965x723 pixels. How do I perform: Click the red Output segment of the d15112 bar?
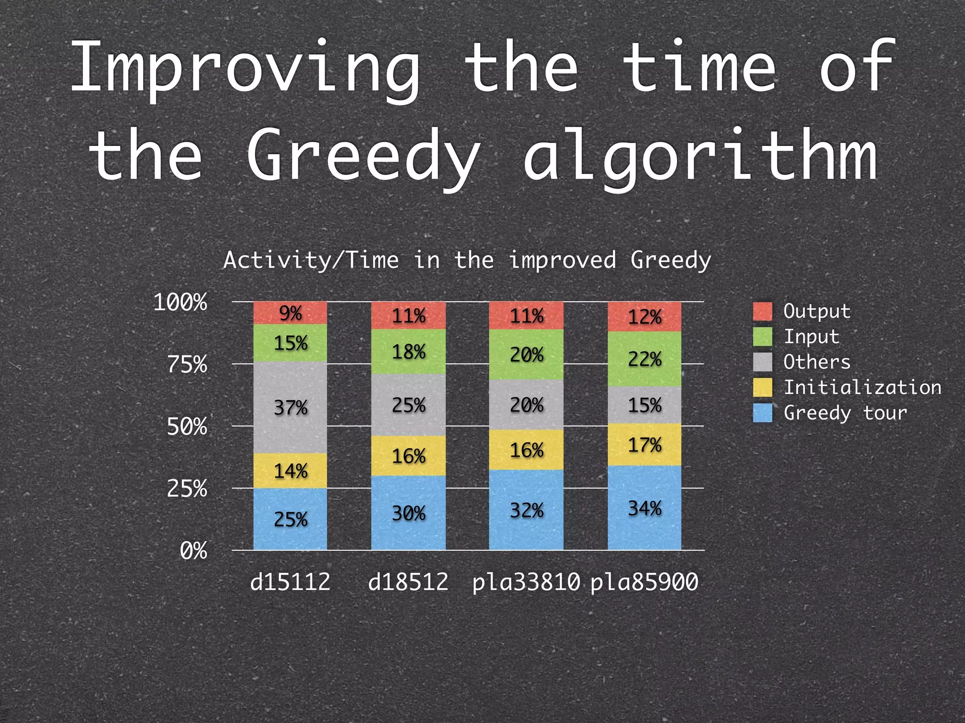(x=290, y=313)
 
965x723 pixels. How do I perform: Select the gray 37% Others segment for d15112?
(x=290, y=407)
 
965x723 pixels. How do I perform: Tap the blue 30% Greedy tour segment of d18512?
(x=409, y=513)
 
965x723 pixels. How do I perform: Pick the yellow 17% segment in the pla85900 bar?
(x=644, y=444)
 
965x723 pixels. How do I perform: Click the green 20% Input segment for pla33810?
(x=526, y=354)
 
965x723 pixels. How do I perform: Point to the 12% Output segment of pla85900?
(x=644, y=317)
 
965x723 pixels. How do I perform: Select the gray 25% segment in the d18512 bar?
(x=409, y=405)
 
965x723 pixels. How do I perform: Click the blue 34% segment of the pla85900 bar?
(x=644, y=508)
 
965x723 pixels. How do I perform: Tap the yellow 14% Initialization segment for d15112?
(x=290, y=471)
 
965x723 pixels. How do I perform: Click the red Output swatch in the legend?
(x=762, y=312)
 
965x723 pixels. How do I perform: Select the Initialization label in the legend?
(x=862, y=387)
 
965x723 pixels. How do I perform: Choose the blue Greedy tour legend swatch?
(x=762, y=413)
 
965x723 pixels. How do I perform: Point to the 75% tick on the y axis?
(x=187, y=364)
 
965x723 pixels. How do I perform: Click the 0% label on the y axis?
(x=193, y=551)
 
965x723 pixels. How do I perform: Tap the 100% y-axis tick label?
(x=180, y=302)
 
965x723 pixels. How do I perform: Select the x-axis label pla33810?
(x=526, y=582)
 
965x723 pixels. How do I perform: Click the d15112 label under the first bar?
(x=290, y=582)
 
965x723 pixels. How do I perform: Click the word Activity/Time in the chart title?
(x=311, y=260)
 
